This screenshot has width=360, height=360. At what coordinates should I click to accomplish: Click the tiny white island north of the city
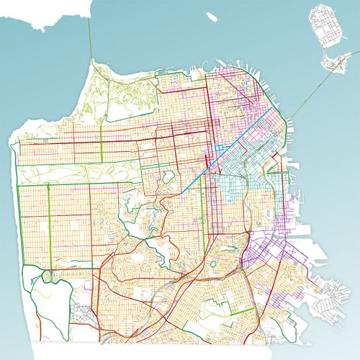(212, 17)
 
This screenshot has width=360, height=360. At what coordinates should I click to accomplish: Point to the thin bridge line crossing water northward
(91, 40)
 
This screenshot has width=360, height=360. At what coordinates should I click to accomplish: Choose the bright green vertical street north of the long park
(101, 148)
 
